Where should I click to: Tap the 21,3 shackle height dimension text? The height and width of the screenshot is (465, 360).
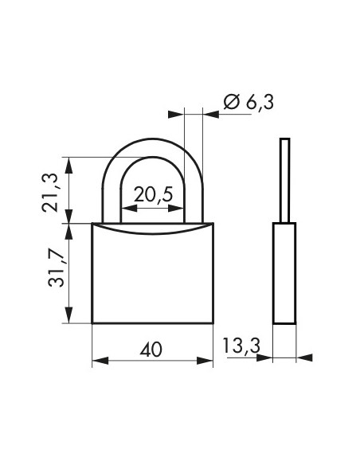tap(52, 190)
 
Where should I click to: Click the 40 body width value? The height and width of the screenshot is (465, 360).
tap(151, 349)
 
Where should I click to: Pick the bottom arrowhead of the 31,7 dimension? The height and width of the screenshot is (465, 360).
tap(71, 318)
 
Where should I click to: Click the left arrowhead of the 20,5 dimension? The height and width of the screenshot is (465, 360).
tap(126, 209)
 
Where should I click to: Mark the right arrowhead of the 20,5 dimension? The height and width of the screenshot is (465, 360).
tap(181, 209)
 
